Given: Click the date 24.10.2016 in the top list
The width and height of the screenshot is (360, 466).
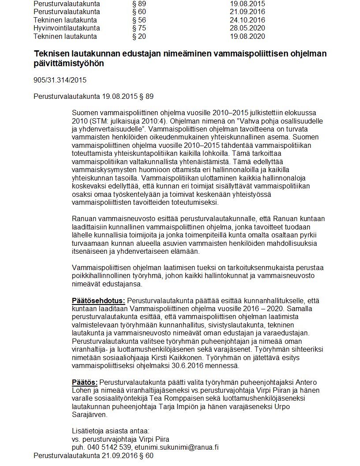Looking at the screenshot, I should click(x=247, y=20).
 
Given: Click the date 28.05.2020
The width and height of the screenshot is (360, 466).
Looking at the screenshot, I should click(x=247, y=28).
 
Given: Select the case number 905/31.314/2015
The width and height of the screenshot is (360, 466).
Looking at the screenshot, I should click(x=60, y=81).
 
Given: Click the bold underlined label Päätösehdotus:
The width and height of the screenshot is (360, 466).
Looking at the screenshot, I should click(x=98, y=301).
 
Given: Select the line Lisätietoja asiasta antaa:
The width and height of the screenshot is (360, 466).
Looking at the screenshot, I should click(x=110, y=431).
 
